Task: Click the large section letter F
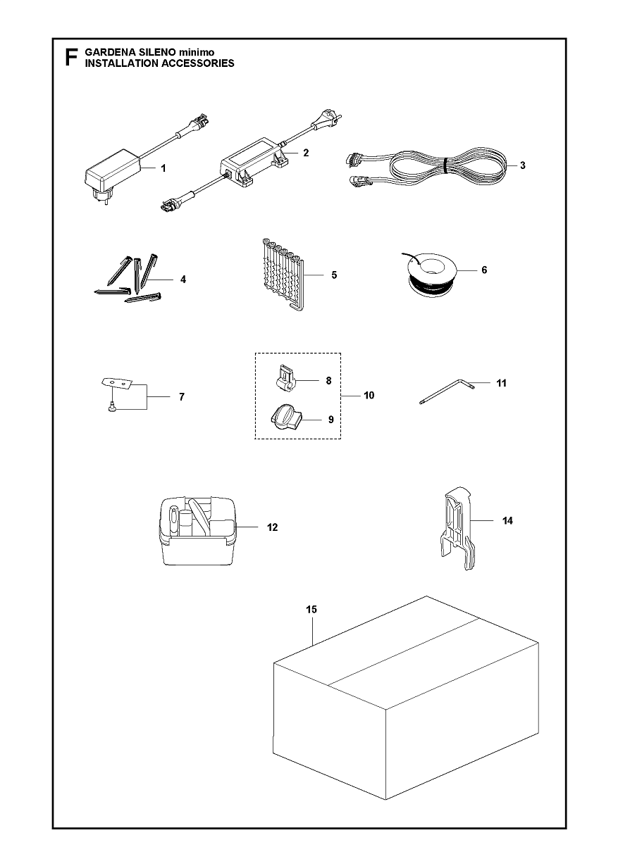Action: [x=72, y=58]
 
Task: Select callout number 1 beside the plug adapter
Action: [x=163, y=168]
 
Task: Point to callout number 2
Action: [x=306, y=153]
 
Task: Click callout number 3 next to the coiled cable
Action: [x=523, y=165]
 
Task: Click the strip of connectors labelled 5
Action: [x=280, y=275]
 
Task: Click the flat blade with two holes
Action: [x=117, y=382]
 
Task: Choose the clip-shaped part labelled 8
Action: [x=287, y=380]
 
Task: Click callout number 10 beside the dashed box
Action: [x=369, y=396]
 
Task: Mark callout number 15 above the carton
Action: [x=311, y=610]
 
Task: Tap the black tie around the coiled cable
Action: [x=445, y=166]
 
